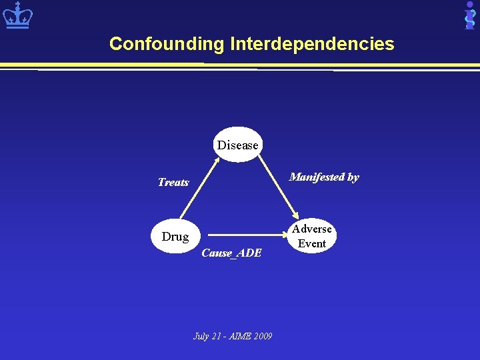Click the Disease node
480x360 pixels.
pyautogui.click(x=237, y=145)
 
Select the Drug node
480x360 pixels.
pyautogui.click(x=175, y=236)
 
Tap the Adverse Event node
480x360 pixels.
pyautogui.click(x=311, y=236)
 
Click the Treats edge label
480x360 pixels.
pyautogui.click(x=173, y=182)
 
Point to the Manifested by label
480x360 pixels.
pyautogui.click(x=324, y=177)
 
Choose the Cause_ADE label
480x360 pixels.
pyautogui.click(x=231, y=253)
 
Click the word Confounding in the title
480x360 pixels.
pyautogui.click(x=167, y=44)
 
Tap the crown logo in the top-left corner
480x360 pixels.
pyautogui.click(x=17, y=15)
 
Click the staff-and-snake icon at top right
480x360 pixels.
pyautogui.click(x=469, y=15)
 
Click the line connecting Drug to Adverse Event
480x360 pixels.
pyautogui.click(x=247, y=235)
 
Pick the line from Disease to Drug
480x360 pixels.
pyautogui.click(x=200, y=193)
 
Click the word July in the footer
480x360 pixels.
pyautogui.click(x=201, y=336)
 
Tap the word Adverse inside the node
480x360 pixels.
pyautogui.click(x=311, y=229)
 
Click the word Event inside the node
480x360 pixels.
pyautogui.click(x=311, y=243)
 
